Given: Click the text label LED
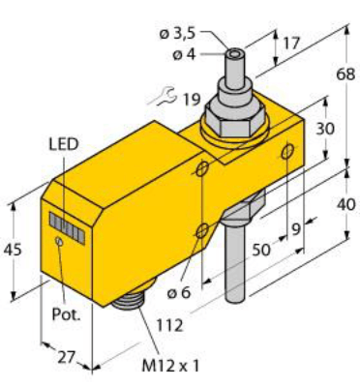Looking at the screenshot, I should [63, 144].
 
